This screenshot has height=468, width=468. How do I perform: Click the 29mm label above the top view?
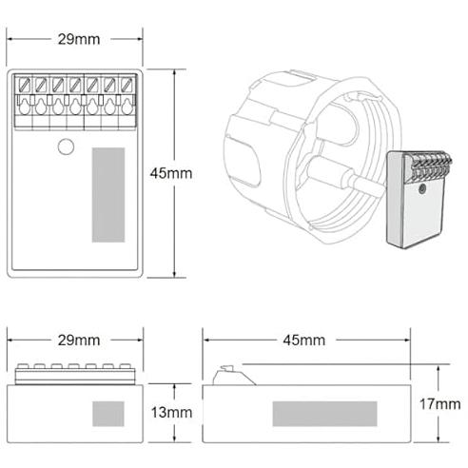point(79,39)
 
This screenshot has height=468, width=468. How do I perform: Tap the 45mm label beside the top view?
point(171,173)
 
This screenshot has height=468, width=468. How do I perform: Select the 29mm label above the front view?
point(79,341)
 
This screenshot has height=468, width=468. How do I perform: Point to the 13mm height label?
point(171,413)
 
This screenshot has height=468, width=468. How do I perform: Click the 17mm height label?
point(440,404)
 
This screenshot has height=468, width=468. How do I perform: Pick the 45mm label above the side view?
point(304,341)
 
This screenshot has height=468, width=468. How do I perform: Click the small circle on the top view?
point(66,147)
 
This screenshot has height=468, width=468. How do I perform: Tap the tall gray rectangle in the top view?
point(108,195)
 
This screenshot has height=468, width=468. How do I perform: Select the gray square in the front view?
point(108,414)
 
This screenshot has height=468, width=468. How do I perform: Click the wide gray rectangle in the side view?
point(324,414)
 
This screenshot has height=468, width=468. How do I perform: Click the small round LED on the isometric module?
point(421,189)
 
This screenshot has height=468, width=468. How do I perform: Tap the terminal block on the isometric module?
point(427,166)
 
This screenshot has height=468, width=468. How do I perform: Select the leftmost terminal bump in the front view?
point(23,366)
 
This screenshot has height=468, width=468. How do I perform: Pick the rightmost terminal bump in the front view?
point(126,366)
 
